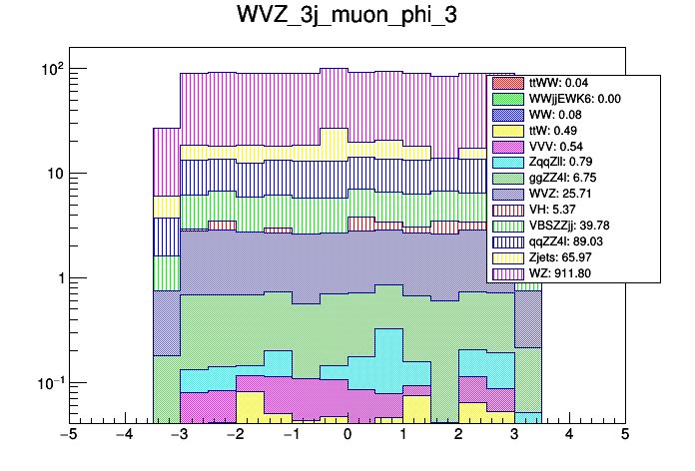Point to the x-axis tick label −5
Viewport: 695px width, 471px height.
tap(69, 435)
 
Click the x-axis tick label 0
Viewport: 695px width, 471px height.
tap(347, 435)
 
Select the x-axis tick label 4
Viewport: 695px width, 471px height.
tap(569, 435)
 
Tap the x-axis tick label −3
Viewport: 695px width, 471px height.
tap(180, 435)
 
